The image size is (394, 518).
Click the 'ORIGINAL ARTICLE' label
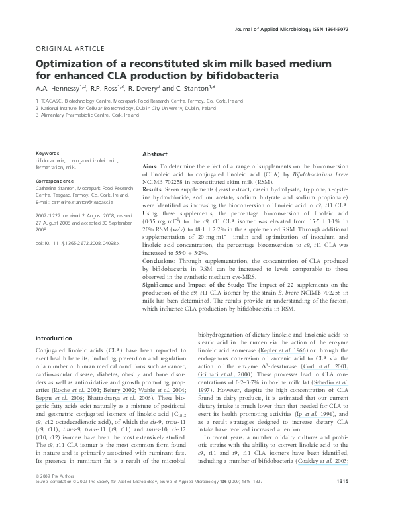pyautogui.click(x=68, y=49)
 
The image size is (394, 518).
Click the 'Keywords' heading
pyautogui.click(x=48, y=152)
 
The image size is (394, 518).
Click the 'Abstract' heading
pyautogui.click(x=155, y=153)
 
